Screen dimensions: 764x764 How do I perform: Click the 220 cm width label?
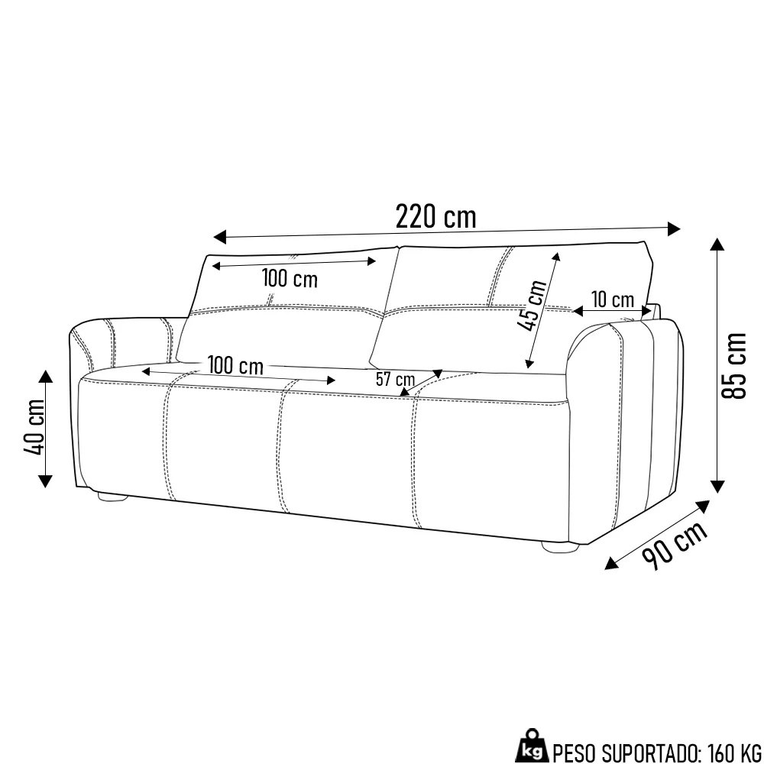[x=435, y=217]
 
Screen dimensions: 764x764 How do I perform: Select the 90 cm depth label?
[x=674, y=545]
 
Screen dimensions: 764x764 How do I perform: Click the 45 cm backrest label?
[x=532, y=306]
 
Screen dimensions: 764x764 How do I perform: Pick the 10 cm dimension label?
[x=612, y=299]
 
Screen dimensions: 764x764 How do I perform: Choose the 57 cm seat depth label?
[x=395, y=378]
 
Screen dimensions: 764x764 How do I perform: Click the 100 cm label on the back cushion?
[x=290, y=278]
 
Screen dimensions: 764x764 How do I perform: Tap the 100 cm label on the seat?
[x=235, y=365]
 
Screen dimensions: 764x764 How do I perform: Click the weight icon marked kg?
[x=533, y=749]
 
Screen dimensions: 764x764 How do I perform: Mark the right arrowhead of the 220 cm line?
[x=674, y=228]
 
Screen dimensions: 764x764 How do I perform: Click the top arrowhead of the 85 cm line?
[x=717, y=244]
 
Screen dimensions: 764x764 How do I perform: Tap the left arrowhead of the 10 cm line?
[x=578, y=311]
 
